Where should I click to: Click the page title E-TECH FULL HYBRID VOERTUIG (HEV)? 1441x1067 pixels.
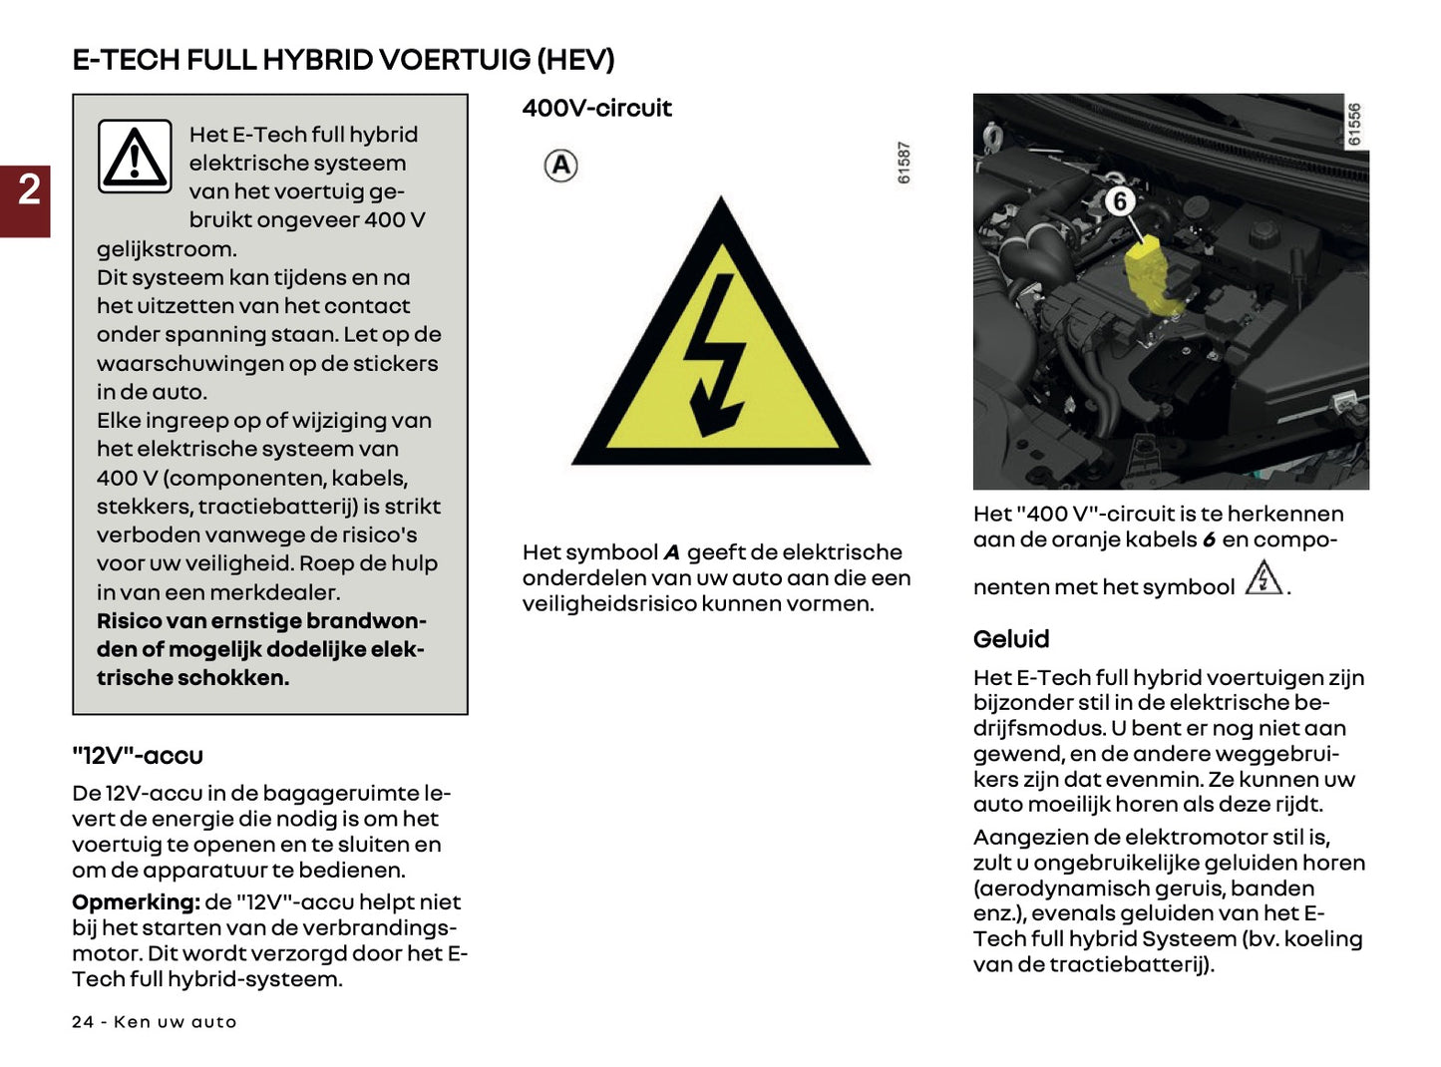[x=343, y=60]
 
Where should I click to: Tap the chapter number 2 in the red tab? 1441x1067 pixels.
[x=29, y=189]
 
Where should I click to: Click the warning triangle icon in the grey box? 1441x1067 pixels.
[x=135, y=157]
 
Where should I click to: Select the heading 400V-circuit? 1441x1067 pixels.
[x=596, y=108]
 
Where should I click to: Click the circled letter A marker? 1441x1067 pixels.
[x=561, y=166]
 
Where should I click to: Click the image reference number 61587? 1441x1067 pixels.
[x=903, y=163]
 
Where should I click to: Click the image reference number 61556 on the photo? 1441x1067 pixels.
[x=1353, y=125]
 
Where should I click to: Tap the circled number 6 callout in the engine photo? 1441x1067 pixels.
[x=1120, y=201]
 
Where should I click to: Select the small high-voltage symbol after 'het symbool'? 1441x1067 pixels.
[x=1263, y=578]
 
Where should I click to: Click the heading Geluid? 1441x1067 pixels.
[x=1010, y=639]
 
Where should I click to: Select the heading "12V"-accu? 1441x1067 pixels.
[x=138, y=756]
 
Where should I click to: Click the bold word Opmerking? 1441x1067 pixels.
[x=136, y=902]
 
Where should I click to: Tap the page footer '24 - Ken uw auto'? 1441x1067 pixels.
[x=154, y=1022]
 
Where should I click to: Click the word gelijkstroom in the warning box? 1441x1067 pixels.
[x=165, y=249]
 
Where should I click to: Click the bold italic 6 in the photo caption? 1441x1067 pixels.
[x=1208, y=540]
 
